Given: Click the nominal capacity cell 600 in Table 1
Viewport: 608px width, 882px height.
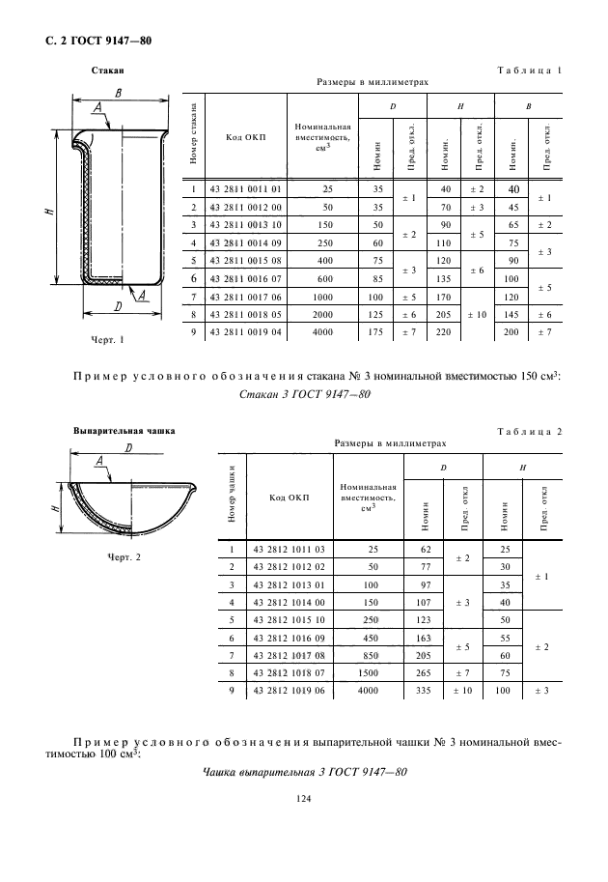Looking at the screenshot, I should point(326,276).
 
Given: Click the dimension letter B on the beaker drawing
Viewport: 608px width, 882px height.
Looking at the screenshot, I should point(116,94).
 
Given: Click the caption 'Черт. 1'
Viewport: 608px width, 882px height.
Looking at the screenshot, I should point(108,339).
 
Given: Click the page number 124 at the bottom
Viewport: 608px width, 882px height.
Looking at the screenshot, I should point(304,798).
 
